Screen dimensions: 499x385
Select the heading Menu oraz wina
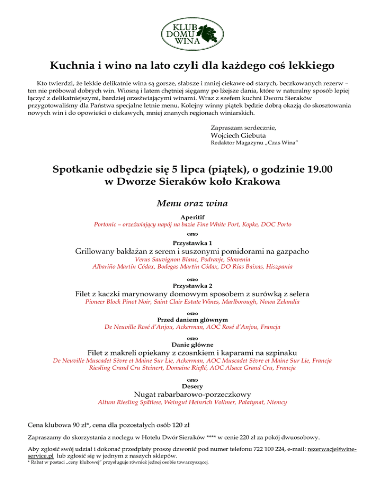(192, 204)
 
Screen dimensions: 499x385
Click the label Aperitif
(192, 217)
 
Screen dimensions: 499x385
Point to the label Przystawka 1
(192, 242)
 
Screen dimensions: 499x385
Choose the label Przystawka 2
(192, 285)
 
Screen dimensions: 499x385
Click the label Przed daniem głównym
(192, 319)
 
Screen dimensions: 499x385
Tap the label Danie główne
(192, 344)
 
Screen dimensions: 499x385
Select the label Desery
(192, 386)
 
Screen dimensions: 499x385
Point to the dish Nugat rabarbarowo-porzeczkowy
(192, 395)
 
